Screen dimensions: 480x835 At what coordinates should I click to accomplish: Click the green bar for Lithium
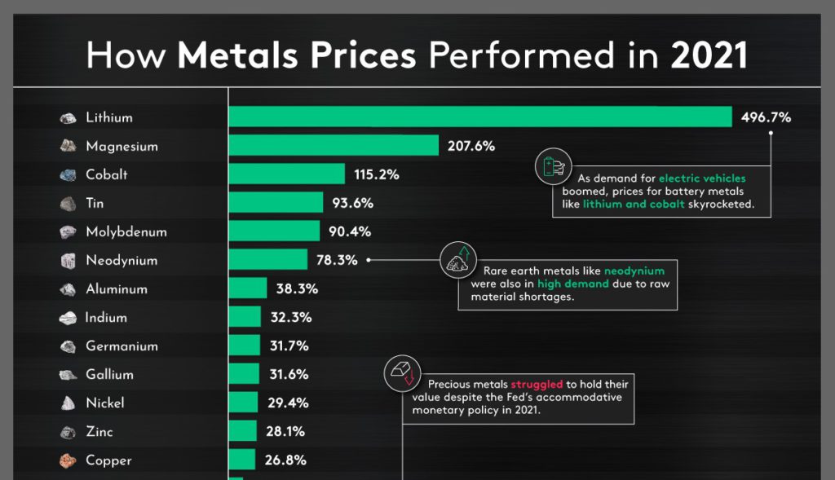point(479,117)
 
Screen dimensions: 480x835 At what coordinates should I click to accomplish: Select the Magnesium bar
point(334,146)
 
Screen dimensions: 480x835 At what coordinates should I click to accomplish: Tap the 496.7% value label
point(766,117)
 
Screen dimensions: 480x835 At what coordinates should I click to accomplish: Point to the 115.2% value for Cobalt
point(377,174)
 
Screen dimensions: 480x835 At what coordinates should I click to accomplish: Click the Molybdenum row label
point(126,231)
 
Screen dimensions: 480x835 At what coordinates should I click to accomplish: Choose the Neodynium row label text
point(121,261)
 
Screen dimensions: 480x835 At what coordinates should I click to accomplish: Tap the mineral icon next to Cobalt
point(68,174)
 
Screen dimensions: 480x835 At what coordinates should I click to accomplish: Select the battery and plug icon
point(551,166)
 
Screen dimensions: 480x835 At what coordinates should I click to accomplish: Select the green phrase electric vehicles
point(701,177)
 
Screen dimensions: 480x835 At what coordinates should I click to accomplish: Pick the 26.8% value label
point(285,460)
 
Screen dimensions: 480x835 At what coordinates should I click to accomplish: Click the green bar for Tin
point(276,203)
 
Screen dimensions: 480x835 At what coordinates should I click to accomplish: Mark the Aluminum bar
point(247,288)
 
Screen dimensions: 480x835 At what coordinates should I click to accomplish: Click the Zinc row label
point(99,432)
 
